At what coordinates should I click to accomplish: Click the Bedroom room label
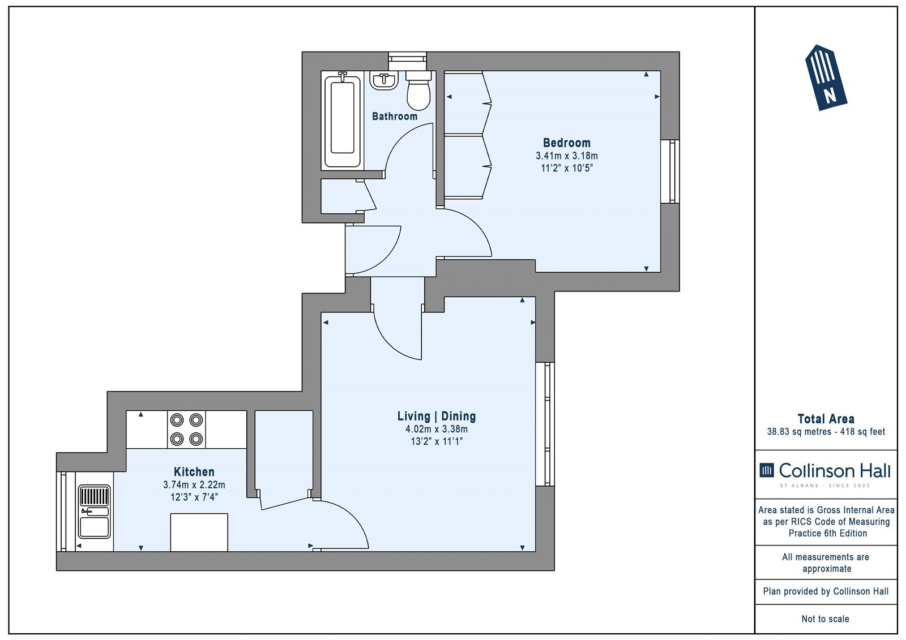(566, 143)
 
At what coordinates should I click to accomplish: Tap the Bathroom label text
(394, 117)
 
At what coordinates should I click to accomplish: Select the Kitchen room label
(194, 471)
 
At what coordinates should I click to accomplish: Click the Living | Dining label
(437, 416)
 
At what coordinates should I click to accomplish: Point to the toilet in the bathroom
(418, 91)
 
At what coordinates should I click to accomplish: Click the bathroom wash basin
(384, 80)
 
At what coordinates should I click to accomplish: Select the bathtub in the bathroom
(342, 121)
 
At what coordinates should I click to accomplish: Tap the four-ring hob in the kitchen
(186, 429)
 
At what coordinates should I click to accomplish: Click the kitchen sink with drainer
(94, 512)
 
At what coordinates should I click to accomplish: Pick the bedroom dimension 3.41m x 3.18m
(566, 156)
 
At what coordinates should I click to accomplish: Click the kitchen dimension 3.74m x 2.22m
(194, 484)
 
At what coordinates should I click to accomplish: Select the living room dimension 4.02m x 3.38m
(437, 429)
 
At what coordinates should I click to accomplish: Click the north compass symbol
(826, 78)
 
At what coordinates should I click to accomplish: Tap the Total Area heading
(826, 419)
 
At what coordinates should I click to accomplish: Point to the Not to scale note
(825, 618)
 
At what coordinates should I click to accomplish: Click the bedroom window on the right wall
(670, 171)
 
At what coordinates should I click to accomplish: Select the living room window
(545, 424)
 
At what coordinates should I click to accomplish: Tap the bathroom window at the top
(407, 62)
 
